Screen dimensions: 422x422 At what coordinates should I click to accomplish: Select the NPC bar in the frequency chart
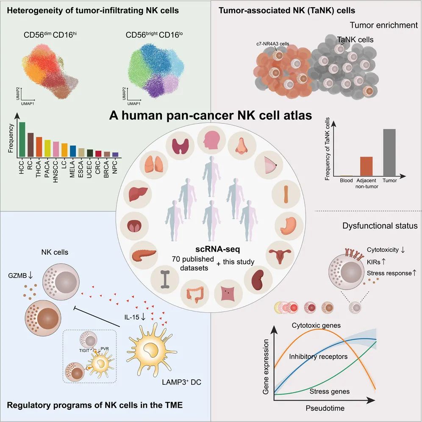[x=115, y=155]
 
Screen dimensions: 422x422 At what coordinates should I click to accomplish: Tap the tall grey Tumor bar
[x=389, y=152]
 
